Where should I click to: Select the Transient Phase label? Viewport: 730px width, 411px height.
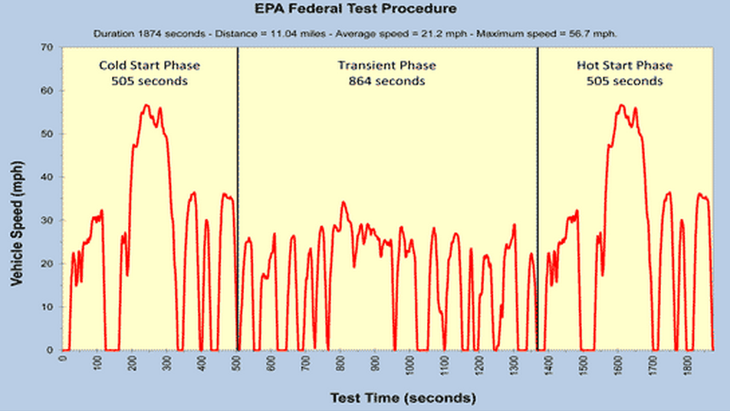(386, 66)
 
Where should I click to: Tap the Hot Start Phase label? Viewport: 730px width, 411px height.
(624, 66)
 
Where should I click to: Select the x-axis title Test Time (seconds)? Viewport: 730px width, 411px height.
(403, 398)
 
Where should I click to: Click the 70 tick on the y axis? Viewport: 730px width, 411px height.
(48, 48)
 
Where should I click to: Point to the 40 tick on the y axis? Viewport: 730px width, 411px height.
(48, 177)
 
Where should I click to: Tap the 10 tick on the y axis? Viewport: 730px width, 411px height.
(48, 307)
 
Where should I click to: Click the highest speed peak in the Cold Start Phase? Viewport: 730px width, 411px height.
(146, 105)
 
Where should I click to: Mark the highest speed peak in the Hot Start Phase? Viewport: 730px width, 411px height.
(621, 105)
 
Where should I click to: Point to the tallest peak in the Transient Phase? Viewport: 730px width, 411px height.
(344, 202)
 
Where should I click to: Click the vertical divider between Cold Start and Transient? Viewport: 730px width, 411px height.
(238, 192)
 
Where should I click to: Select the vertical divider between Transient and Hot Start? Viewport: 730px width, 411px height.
(538, 192)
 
